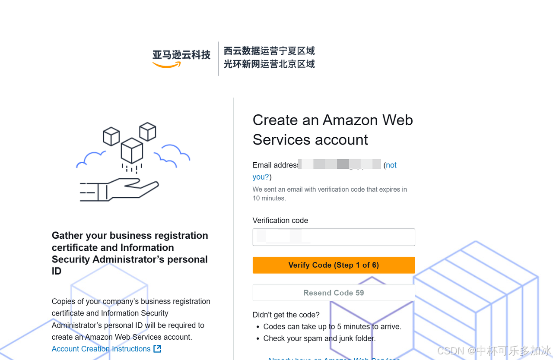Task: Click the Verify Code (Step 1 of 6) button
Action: point(334,265)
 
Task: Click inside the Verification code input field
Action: point(334,237)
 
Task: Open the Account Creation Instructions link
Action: point(101,349)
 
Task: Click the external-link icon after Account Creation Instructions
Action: point(157,349)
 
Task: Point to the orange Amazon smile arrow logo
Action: point(166,65)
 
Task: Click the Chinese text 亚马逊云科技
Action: point(181,55)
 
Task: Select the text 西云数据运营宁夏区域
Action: point(269,51)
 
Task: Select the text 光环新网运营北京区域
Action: point(269,64)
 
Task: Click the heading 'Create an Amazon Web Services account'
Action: point(333,129)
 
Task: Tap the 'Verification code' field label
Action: point(280,221)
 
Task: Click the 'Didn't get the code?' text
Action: point(286,315)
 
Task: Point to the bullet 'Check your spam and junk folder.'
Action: point(319,338)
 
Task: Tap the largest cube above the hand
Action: point(132,151)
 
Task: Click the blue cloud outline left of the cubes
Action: point(91,159)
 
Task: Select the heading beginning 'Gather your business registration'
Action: point(130,253)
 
